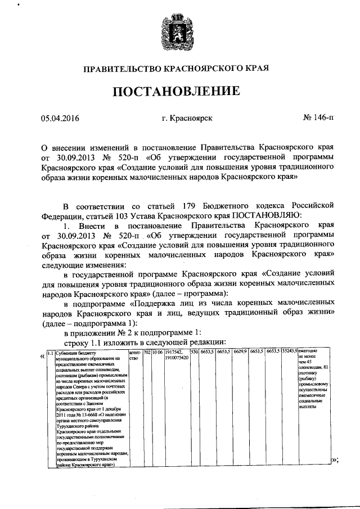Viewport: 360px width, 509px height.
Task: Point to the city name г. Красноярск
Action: tap(187, 119)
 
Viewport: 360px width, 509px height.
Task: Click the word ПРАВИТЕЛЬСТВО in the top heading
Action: tap(122, 69)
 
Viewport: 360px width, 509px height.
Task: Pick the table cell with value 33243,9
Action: tap(290, 352)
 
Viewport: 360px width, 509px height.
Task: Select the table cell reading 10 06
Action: tap(156, 352)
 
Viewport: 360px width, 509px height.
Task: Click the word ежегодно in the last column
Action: tap(309, 352)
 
